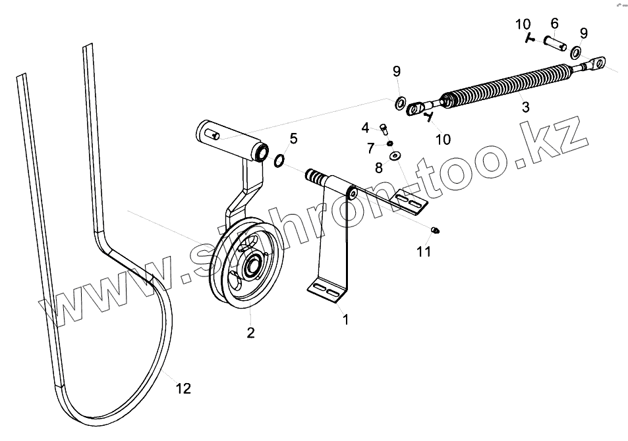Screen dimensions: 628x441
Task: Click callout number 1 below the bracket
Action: coord(345,320)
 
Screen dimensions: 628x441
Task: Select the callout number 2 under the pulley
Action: coord(250,332)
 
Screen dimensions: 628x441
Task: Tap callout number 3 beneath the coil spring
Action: coord(525,107)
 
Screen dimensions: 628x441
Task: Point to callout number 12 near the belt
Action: coord(184,388)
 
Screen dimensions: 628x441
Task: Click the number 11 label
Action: coord(423,251)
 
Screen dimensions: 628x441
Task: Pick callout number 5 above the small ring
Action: coord(293,138)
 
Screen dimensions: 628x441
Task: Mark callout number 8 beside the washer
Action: coord(379,168)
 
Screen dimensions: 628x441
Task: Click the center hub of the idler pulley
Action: coord(252,267)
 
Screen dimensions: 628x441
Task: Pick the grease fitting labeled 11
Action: coord(436,229)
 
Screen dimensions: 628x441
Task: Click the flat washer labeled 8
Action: coord(395,155)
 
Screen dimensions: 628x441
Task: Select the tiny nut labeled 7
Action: coord(390,143)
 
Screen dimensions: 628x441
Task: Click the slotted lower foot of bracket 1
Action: coord(328,289)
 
